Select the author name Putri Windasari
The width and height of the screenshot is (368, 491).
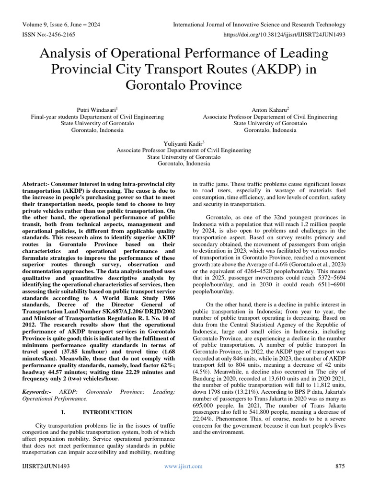point(96,110)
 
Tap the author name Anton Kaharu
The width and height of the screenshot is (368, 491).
point(269,110)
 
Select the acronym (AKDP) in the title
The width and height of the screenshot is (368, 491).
point(278,68)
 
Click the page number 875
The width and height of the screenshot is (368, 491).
point(340,466)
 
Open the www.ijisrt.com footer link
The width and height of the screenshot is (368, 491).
point(183,466)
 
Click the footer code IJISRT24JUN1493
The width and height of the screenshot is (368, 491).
point(46,466)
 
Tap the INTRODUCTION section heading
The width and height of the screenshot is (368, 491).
point(107,412)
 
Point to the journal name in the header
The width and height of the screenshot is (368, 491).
point(259,25)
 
